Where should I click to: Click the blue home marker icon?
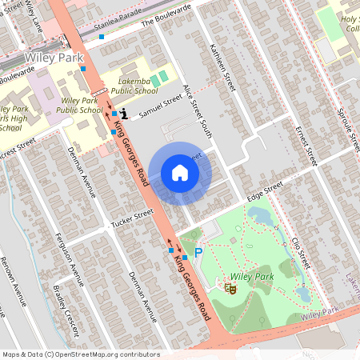click(180, 173)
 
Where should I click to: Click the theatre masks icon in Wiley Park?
click(229, 286)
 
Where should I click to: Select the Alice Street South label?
click(197, 111)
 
